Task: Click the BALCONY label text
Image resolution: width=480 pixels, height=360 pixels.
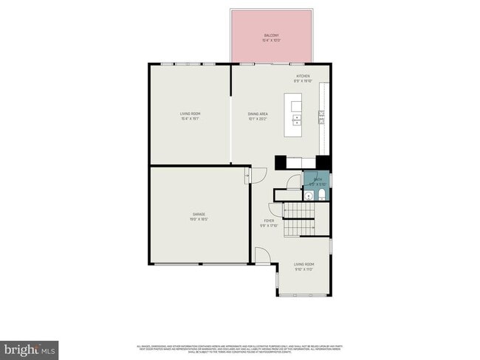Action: coord(272,35)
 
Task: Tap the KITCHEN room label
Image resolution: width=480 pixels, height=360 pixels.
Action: coord(303,77)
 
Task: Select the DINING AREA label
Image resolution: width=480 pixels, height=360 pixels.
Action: coord(257,114)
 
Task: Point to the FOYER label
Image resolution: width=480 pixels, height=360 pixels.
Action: coord(270,221)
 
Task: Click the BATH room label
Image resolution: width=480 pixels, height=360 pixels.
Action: coord(318,179)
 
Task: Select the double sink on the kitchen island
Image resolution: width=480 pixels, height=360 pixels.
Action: coord(296,111)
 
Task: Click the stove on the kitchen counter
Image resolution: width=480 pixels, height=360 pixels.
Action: coord(322,116)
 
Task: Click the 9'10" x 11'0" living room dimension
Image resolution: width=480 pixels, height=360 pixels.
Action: coord(304,269)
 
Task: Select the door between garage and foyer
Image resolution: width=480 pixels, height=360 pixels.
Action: coord(250,175)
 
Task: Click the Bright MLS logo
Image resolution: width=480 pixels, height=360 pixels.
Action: coord(30,348)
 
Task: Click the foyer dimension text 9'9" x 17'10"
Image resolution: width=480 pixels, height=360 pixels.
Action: coord(270,226)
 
